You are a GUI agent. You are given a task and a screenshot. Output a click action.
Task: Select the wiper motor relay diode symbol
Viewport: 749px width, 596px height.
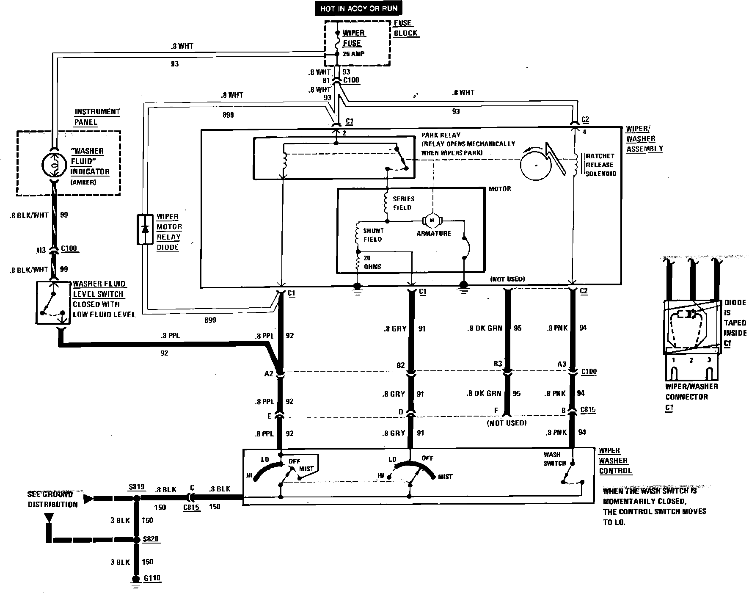pyautogui.click(x=145, y=229)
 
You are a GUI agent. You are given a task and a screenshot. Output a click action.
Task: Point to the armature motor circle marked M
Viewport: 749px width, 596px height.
pyautogui.click(x=432, y=220)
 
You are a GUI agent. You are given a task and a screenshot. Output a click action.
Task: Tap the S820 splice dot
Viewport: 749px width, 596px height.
pyautogui.click(x=136, y=540)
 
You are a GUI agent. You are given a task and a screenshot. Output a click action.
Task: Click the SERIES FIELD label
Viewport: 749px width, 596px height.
pyautogui.click(x=404, y=203)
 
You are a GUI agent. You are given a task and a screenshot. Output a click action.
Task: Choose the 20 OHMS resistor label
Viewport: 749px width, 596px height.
pyautogui.click(x=372, y=262)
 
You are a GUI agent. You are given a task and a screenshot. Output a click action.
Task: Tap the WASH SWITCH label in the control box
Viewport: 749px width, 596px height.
pyautogui.click(x=554, y=459)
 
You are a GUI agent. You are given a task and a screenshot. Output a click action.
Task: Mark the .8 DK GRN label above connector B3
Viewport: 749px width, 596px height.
pyautogui.click(x=485, y=328)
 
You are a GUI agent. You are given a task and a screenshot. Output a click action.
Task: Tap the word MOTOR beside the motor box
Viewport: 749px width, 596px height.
pyautogui.click(x=500, y=188)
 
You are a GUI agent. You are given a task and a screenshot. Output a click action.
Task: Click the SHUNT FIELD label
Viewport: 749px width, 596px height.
pyautogui.click(x=373, y=235)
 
